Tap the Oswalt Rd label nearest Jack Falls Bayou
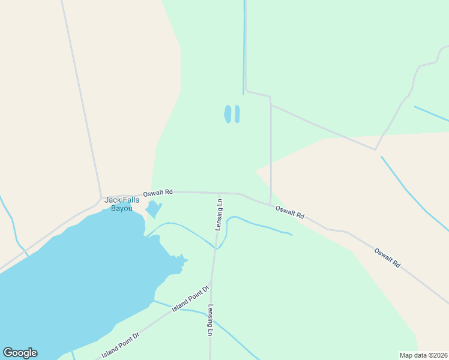click(x=158, y=193)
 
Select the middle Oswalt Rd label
click(x=290, y=212)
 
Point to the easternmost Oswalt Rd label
click(x=387, y=257)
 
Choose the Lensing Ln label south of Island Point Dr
click(x=211, y=320)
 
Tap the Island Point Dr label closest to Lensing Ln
click(x=190, y=298)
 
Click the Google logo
click(x=20, y=353)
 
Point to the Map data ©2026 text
click(x=423, y=355)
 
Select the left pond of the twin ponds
click(x=228, y=114)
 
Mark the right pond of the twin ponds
click(x=237, y=114)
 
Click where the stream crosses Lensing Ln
click(x=215, y=247)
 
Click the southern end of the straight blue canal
click(x=243, y=94)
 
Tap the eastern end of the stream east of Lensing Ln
click(x=292, y=234)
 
